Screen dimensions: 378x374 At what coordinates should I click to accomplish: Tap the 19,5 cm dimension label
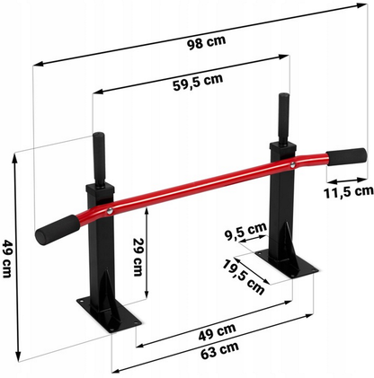244,275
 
